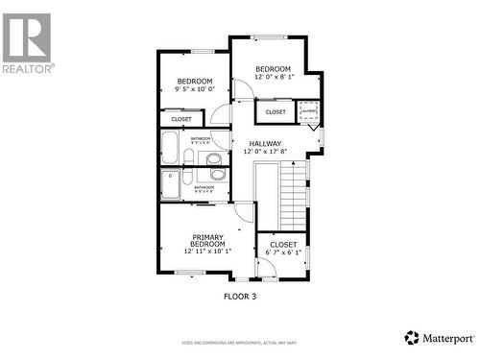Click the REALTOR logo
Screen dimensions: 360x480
click(x=27, y=42)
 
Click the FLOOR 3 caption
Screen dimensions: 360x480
click(x=240, y=297)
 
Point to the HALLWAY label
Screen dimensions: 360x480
click(x=264, y=143)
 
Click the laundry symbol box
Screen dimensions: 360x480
click(x=308, y=112)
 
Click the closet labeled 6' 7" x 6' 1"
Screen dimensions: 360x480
click(x=283, y=249)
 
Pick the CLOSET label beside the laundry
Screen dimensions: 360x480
click(x=276, y=112)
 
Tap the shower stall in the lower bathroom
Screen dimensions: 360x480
click(x=170, y=183)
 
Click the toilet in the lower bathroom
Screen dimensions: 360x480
click(x=218, y=176)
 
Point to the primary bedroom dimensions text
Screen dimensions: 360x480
click(x=208, y=252)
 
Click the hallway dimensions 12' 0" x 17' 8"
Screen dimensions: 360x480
click(x=264, y=152)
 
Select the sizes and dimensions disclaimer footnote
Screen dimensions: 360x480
click(x=240, y=343)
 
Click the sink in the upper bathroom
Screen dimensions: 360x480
click(x=214, y=158)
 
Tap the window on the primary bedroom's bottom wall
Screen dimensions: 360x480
click(x=189, y=273)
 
